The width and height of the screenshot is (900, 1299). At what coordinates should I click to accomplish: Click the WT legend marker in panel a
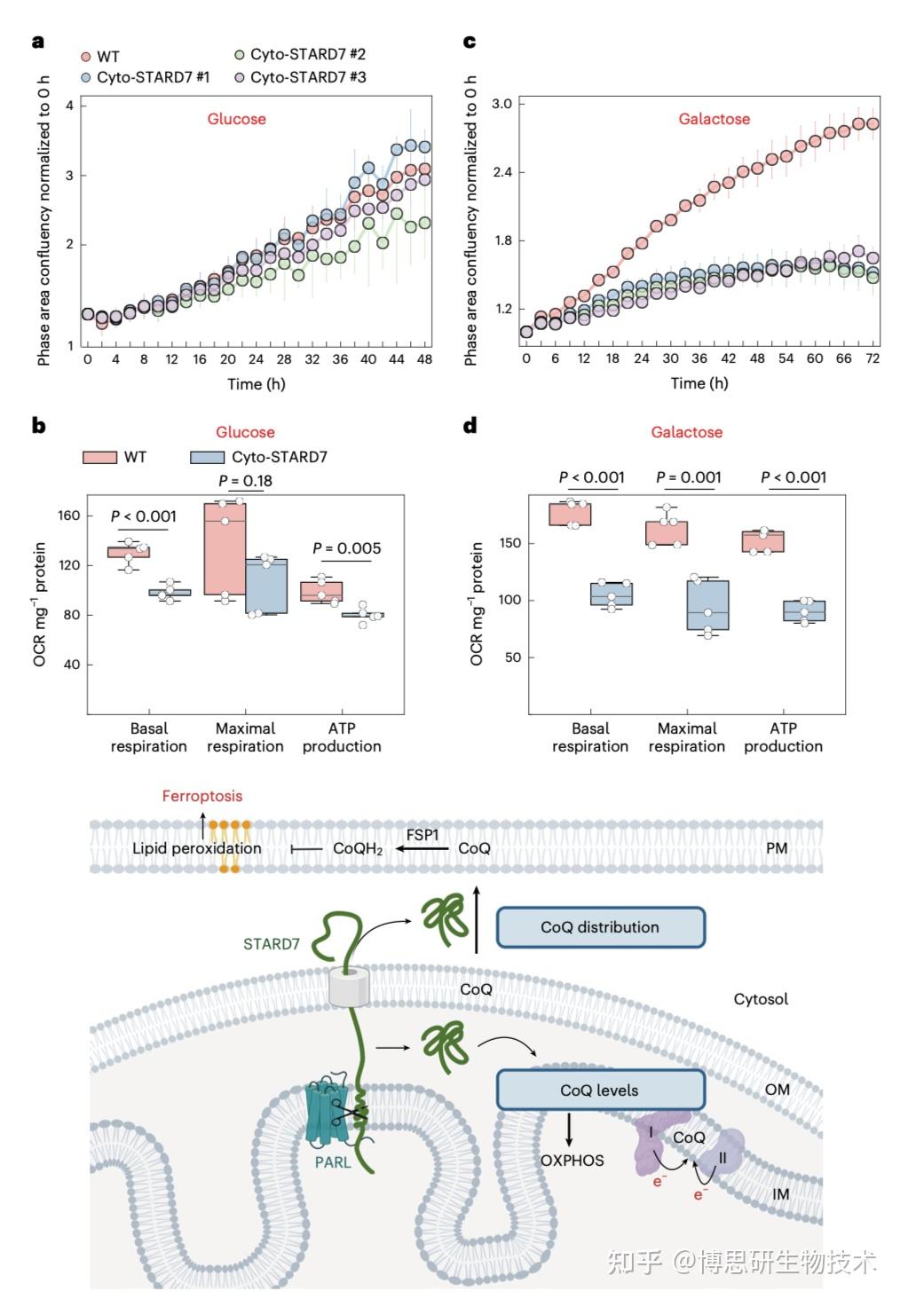[x=86, y=56]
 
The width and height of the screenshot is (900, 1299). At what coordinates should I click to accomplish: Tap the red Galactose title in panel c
[x=714, y=119]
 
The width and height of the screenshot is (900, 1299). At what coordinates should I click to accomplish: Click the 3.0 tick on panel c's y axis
[x=502, y=104]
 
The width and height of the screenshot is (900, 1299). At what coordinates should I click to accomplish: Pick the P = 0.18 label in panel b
[x=245, y=481]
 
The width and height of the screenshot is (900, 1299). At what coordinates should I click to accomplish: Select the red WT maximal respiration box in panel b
[x=225, y=548]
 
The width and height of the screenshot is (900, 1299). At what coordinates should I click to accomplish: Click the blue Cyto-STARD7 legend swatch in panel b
[x=206, y=457]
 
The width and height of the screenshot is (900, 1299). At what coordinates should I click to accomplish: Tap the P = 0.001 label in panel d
[x=688, y=477]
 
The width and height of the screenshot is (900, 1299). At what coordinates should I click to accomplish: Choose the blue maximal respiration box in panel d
[x=707, y=605]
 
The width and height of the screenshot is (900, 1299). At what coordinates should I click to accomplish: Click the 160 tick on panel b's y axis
[x=69, y=516]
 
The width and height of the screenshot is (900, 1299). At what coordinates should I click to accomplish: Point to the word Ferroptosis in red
[x=201, y=796]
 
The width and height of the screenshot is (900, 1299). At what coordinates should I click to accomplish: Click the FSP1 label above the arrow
[x=422, y=835]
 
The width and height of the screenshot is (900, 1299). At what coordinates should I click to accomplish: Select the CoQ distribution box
[x=600, y=927]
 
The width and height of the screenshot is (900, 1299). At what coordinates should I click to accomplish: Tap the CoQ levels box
[x=600, y=1090]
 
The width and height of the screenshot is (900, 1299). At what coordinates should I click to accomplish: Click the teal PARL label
[x=333, y=1161]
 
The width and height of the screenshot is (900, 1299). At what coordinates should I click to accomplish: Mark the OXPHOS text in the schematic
[x=572, y=1161]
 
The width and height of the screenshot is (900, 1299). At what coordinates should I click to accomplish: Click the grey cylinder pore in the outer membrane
[x=348, y=987]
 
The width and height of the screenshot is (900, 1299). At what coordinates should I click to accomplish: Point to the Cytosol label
[x=761, y=999]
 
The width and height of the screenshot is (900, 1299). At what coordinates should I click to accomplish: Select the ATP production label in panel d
[x=783, y=737]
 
